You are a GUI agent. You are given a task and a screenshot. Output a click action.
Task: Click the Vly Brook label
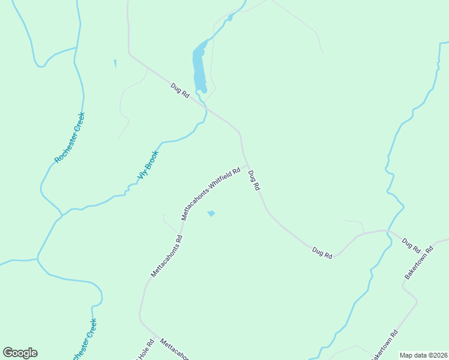148,166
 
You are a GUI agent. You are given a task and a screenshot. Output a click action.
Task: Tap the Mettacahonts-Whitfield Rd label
211,193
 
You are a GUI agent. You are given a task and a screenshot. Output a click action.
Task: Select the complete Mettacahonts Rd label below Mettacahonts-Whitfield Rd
166,256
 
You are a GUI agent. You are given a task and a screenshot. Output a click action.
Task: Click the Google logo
20,353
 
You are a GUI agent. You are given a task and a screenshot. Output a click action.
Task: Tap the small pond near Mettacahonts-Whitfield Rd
211,213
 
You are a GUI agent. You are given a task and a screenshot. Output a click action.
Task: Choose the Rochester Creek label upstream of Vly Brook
70,138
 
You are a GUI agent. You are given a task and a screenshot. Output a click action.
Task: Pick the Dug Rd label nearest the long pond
180,92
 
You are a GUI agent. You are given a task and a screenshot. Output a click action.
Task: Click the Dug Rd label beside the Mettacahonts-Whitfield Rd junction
254,180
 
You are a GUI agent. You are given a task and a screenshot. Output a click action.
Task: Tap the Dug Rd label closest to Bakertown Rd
411,245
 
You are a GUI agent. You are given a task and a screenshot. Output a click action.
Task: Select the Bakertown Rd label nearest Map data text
384,344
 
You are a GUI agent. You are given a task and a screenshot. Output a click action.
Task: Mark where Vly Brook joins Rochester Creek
61,214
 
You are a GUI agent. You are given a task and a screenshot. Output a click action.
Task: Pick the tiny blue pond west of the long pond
115,63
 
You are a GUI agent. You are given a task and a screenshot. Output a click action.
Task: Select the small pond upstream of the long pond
230,17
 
